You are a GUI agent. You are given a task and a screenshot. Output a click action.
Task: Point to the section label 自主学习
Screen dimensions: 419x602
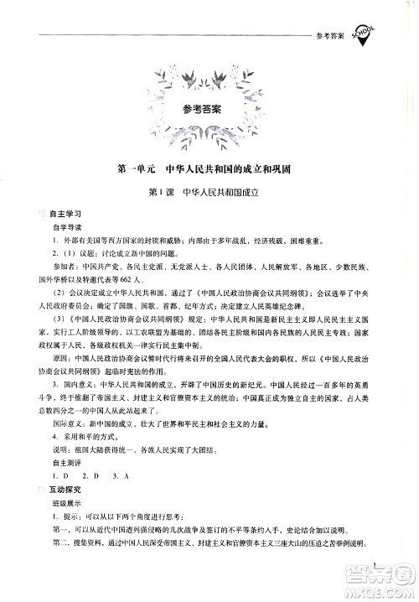click(62, 215)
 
